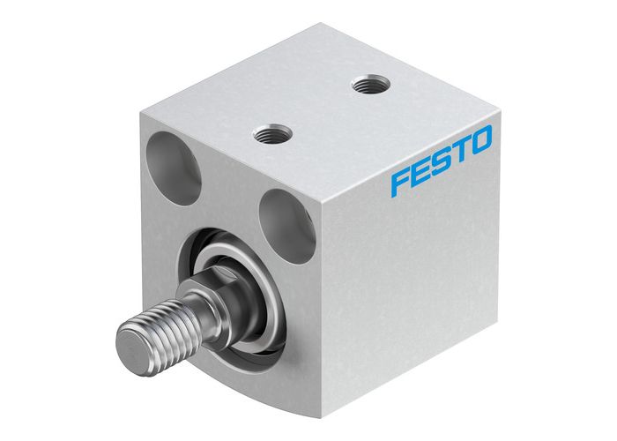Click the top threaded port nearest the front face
click(267, 134)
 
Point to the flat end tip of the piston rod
click(131, 340)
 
